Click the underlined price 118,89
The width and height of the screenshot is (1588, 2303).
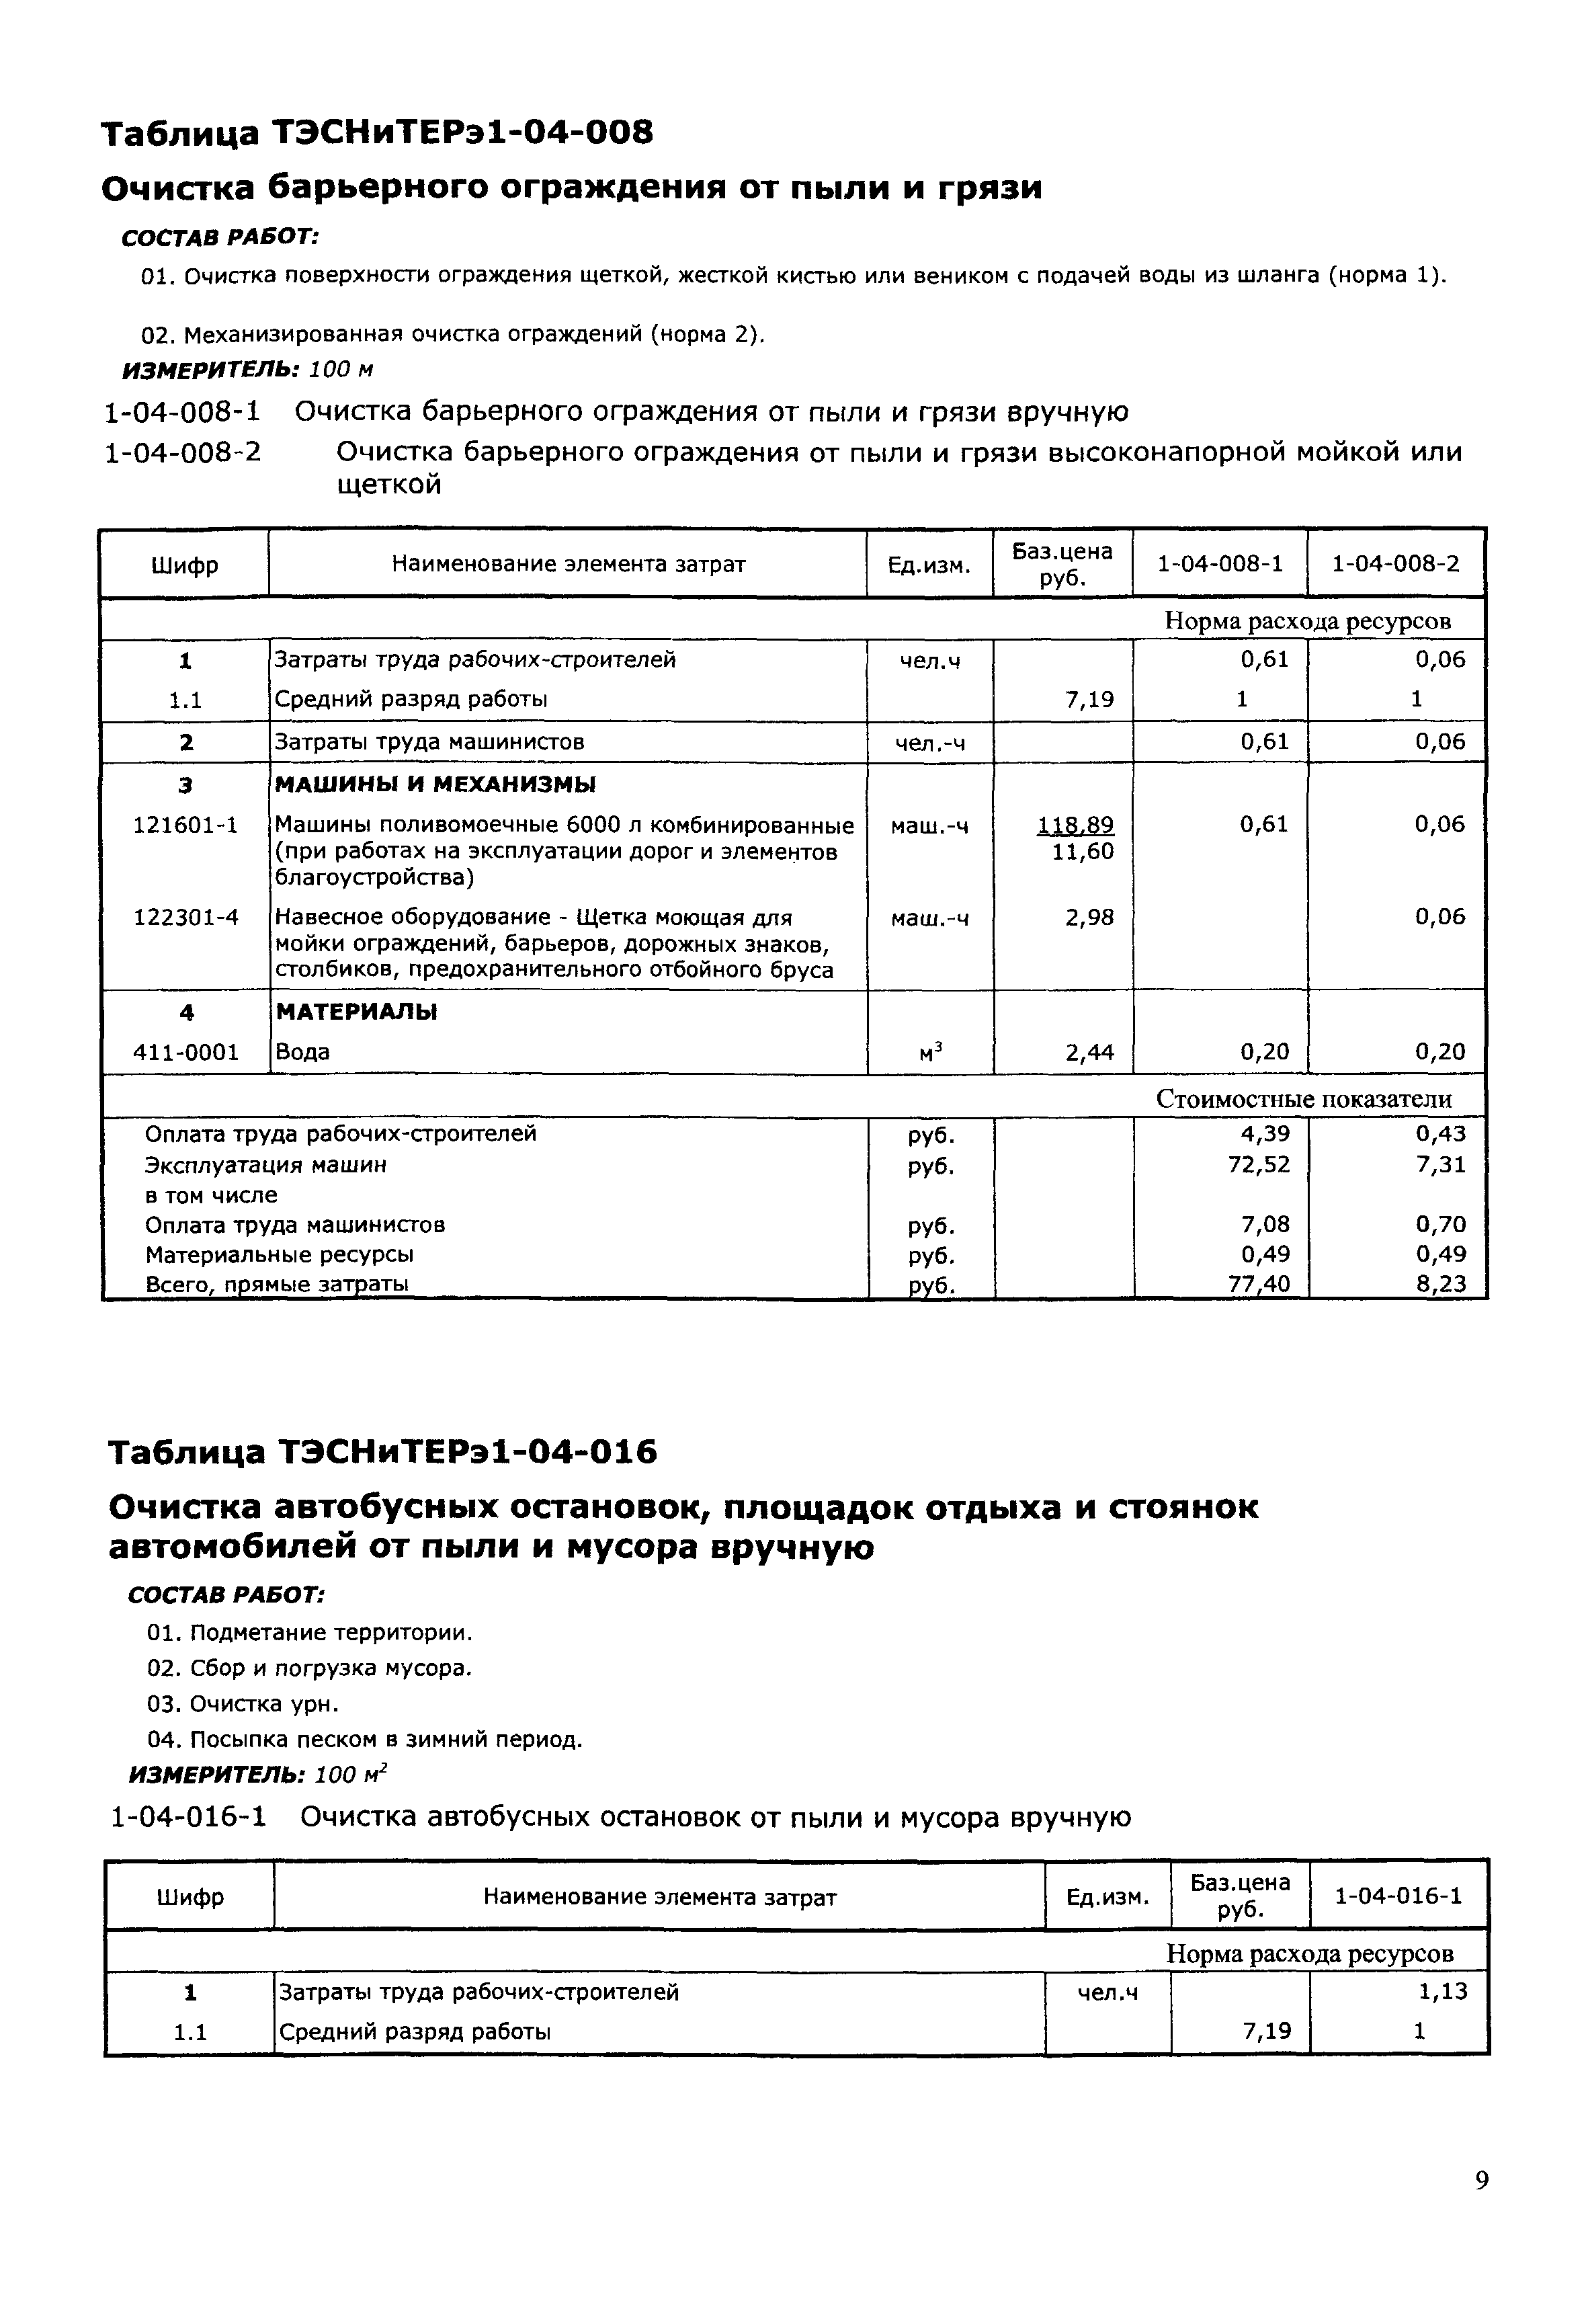1076,825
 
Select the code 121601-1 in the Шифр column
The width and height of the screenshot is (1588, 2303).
185,825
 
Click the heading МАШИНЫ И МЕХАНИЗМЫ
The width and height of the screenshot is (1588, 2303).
435,785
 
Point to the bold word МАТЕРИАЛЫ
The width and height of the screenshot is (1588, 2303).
356,1012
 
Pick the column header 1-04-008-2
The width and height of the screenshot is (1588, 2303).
1395,564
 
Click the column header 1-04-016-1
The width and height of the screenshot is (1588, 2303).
1398,1895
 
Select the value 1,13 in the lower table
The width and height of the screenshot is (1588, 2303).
1443,1992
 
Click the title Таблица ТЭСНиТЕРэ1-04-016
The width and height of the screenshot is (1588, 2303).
382,1453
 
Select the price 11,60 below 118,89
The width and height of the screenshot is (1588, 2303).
1083,852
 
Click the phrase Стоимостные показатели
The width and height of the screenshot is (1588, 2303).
1304,1099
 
